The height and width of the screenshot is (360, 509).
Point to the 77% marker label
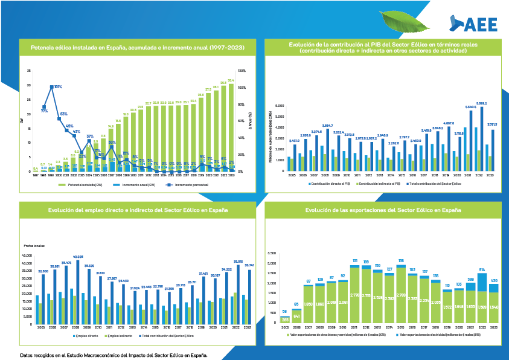click(x=44, y=111)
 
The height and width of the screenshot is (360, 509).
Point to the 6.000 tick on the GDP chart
click(x=279, y=105)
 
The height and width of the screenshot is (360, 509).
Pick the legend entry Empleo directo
click(x=86, y=335)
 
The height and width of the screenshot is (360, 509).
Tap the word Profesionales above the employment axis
click(x=34, y=246)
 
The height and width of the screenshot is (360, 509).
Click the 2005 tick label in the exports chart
click(x=285, y=326)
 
